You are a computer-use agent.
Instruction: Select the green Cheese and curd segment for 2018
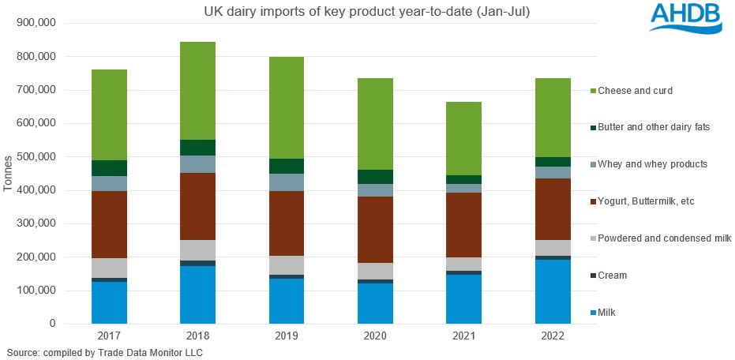tap(197, 90)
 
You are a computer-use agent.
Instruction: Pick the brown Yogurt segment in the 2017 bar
tap(109, 224)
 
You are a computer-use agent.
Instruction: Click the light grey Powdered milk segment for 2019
tap(286, 265)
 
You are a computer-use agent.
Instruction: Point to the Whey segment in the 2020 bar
tap(374, 190)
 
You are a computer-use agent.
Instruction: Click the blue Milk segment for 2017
tap(109, 302)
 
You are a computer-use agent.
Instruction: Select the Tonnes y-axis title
tap(9, 173)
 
